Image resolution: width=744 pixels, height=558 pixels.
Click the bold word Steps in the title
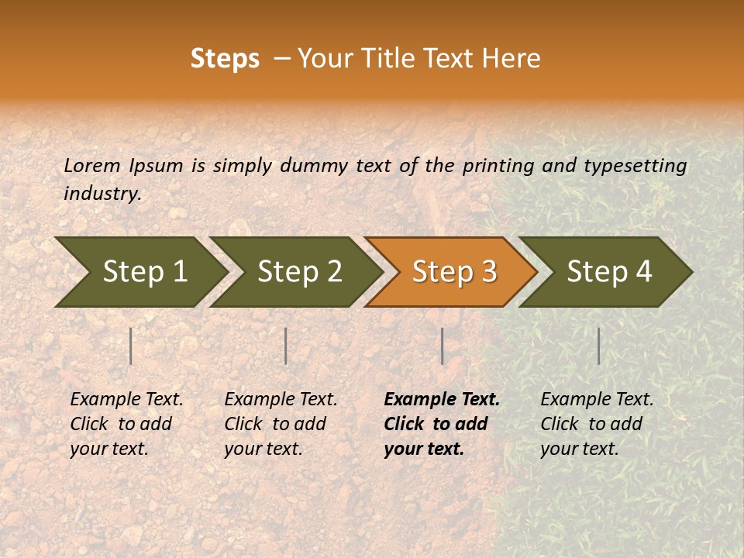tap(225, 59)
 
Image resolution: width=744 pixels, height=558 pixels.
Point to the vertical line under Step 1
tap(131, 346)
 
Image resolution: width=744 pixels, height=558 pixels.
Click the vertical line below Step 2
tap(286, 346)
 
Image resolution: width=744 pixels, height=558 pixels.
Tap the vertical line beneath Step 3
tap(442, 346)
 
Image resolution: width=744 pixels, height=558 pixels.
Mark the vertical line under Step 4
tap(598, 346)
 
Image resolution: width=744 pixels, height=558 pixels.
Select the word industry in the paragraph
tap(102, 193)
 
